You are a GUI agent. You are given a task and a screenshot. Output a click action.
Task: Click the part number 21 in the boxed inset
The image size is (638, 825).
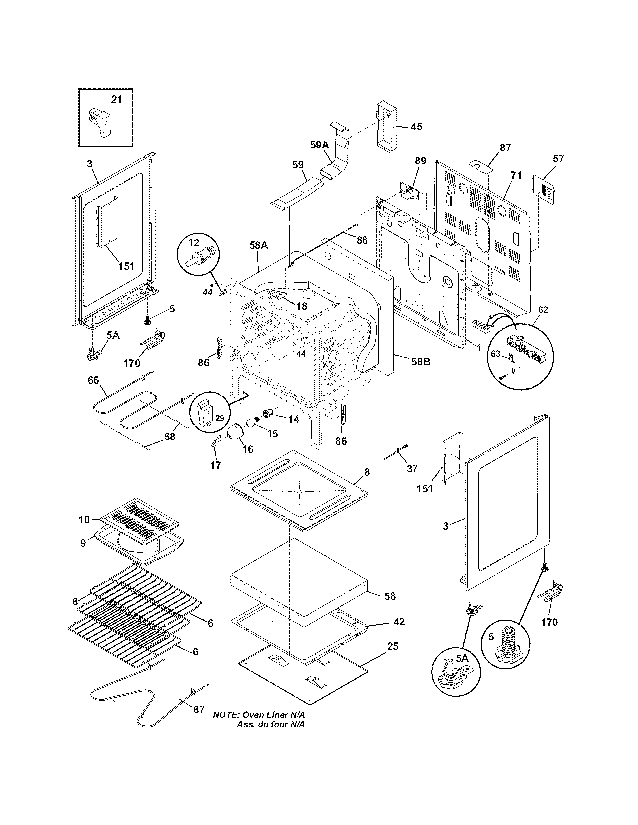[x=116, y=99]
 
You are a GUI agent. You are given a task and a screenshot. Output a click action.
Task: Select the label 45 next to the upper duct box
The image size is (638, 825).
[x=416, y=127]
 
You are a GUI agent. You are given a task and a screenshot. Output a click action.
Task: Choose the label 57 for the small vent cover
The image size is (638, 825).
[x=558, y=159]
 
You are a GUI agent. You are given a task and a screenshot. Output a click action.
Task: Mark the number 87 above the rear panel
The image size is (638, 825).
[x=505, y=148]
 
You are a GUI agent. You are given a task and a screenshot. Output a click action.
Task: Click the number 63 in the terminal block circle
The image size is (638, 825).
[x=495, y=354]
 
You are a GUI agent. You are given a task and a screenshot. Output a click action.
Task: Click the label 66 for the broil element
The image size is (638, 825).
[x=93, y=380]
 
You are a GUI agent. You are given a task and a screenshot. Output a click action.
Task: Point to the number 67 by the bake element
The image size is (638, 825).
[x=199, y=709]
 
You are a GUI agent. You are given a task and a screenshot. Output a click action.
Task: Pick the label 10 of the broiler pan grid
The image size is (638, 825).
[x=84, y=520]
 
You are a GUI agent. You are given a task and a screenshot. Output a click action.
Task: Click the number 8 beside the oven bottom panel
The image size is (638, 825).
[x=367, y=472]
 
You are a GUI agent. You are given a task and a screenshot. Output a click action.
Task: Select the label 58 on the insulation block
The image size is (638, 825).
[x=390, y=596]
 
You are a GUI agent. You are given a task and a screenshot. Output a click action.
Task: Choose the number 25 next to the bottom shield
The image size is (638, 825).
[x=393, y=646]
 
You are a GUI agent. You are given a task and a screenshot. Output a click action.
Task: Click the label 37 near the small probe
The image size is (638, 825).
[x=412, y=468]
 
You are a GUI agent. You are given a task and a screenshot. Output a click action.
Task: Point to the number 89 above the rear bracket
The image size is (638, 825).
[x=420, y=160]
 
